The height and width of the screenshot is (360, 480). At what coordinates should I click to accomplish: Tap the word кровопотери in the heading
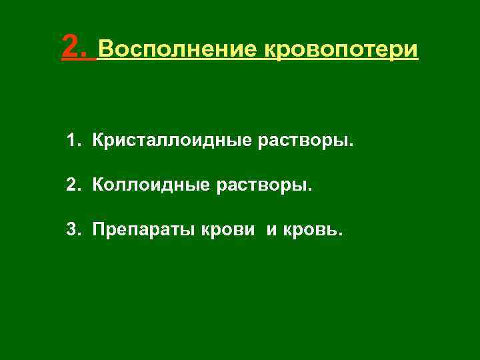[x=341, y=49]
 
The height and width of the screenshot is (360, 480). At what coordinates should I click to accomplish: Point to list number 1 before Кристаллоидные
[x=70, y=141]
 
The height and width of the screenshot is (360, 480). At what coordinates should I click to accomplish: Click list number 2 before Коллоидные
[x=70, y=186]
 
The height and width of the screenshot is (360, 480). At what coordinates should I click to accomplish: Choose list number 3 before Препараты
[x=70, y=231]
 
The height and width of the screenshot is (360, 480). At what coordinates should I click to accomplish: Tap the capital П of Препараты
[x=99, y=231]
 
